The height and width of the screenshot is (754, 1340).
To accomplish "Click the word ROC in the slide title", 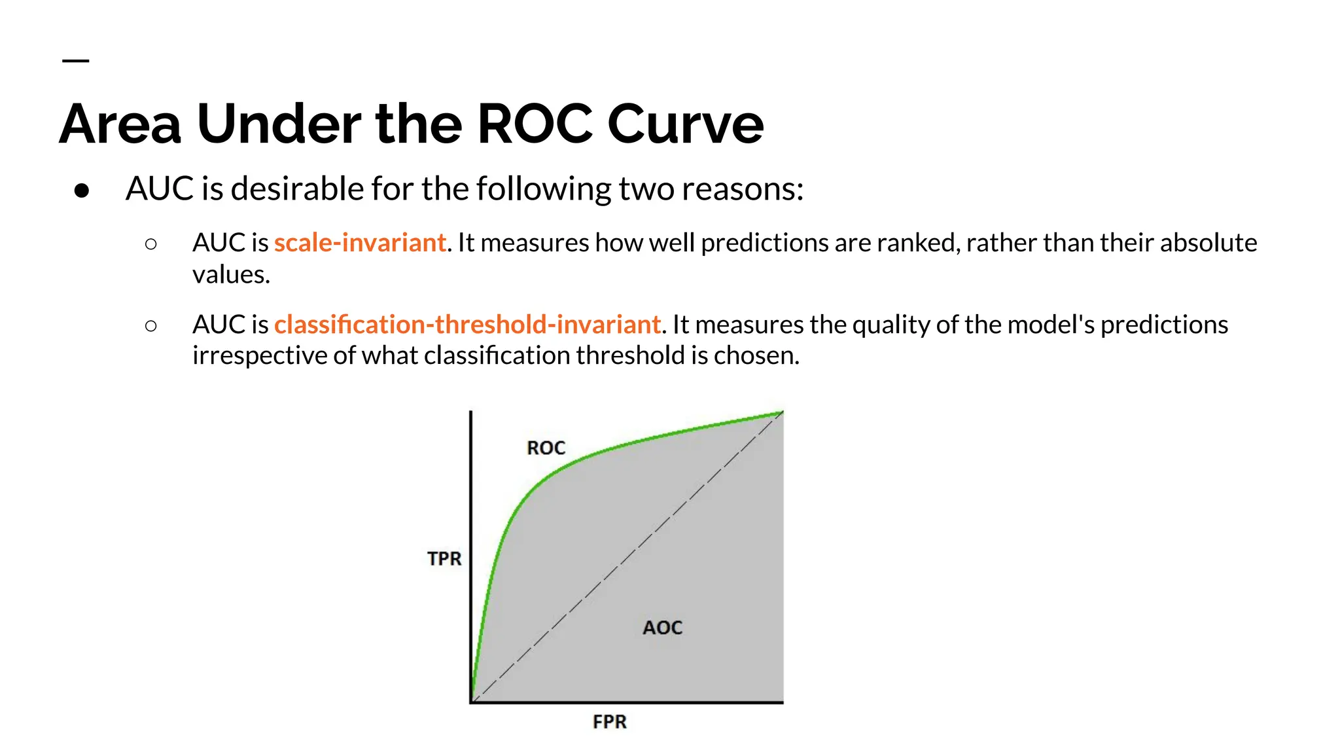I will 535,124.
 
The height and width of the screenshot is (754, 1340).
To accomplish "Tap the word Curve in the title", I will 685,124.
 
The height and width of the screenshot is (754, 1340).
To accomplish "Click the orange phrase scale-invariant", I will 360,243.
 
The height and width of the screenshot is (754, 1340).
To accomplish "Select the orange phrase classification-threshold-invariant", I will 467,325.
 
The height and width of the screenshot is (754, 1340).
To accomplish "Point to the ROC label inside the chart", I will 546,448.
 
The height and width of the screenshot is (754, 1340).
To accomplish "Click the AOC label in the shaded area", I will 662,628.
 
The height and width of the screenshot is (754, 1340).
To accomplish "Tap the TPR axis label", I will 444,559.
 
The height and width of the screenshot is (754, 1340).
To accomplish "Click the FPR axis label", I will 609,722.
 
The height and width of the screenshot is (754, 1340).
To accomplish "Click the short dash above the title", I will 75,61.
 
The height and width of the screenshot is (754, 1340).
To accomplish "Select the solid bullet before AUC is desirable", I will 82,190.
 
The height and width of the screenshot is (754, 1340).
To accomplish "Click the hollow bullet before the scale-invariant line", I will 151,244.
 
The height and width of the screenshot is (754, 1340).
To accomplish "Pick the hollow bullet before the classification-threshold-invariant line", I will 151,325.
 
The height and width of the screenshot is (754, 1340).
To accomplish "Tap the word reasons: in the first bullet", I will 742,189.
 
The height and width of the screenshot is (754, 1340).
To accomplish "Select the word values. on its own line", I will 231,274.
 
